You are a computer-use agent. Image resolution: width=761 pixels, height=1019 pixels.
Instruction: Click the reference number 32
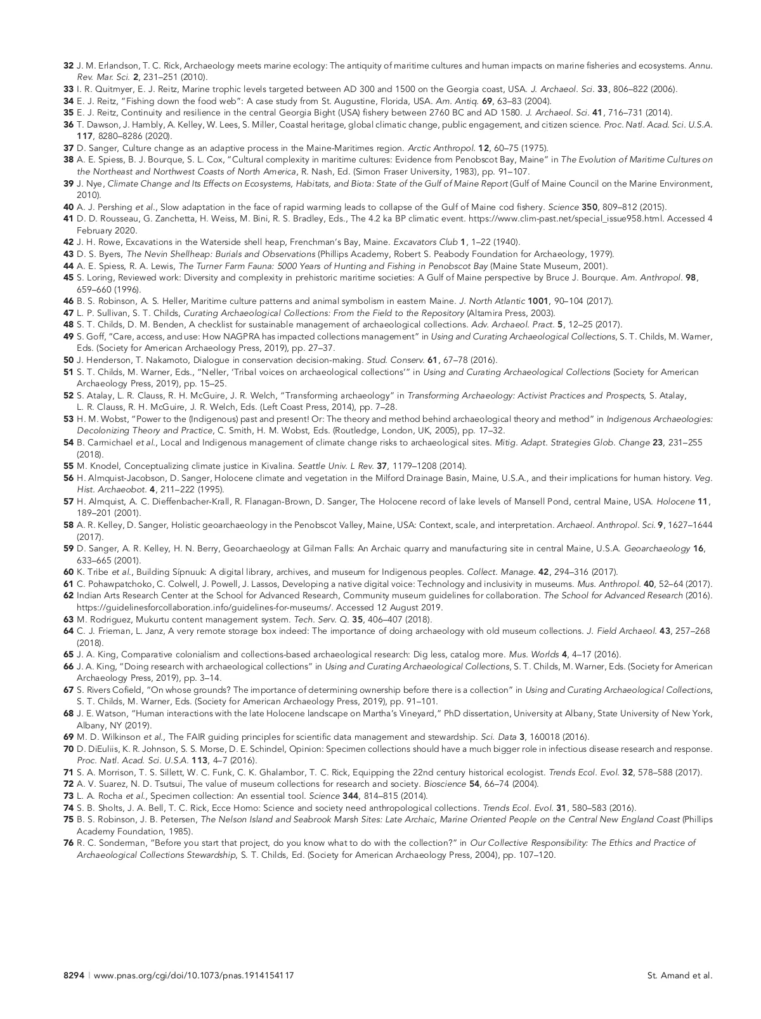pyautogui.click(x=68, y=65)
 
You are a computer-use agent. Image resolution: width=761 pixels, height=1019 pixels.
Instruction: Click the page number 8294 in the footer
pyautogui.click(x=73, y=975)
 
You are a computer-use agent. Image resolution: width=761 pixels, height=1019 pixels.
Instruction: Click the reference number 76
pyautogui.click(x=68, y=843)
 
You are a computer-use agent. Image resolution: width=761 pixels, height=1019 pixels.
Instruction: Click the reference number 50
pyautogui.click(x=68, y=360)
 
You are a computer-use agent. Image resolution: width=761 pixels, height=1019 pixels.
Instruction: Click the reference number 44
pyautogui.click(x=68, y=266)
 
